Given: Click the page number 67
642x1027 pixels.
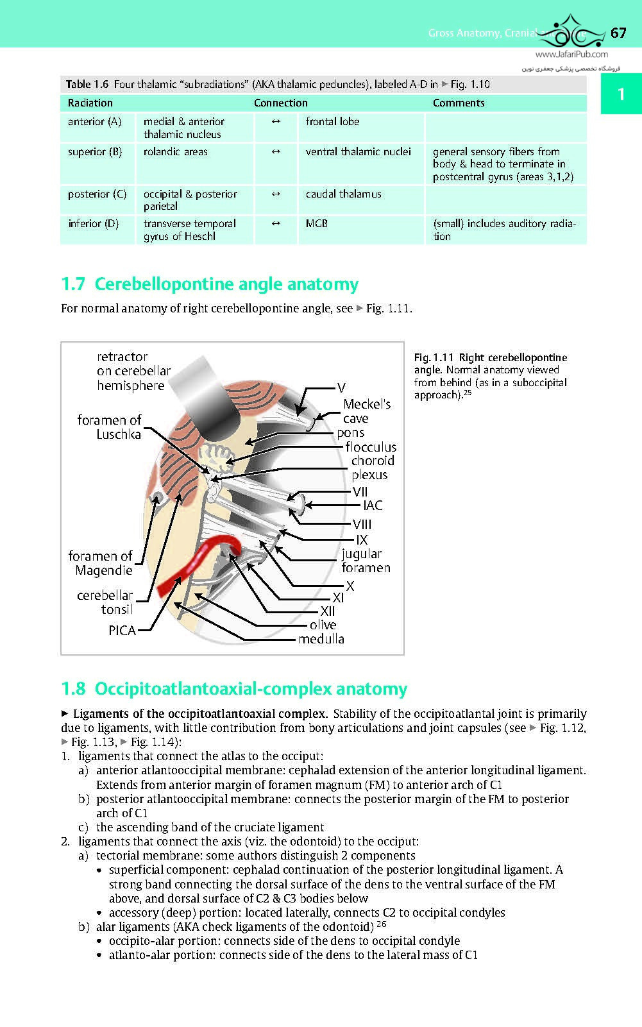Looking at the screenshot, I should point(618,33).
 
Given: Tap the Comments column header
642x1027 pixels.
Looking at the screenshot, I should point(459,103).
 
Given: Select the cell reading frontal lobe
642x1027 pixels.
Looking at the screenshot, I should point(332,121).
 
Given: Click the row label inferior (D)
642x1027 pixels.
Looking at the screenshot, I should point(94,223).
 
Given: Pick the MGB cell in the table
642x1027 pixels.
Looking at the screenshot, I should point(317,223).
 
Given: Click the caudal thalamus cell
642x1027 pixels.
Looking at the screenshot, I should point(343,194).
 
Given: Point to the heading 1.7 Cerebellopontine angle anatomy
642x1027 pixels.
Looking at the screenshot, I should point(210,284).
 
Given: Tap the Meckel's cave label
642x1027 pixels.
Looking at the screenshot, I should point(366,411).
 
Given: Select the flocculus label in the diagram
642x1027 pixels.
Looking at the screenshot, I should point(371,447).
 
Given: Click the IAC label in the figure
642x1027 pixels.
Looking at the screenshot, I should point(373,505).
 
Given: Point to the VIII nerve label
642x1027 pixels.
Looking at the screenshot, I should point(362,525).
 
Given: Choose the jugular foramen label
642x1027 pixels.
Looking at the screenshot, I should point(365,561).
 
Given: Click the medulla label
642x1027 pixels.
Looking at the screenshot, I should point(321,639).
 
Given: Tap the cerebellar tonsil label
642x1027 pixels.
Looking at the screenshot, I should point(105,602).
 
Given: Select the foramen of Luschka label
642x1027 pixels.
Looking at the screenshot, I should point(109,427).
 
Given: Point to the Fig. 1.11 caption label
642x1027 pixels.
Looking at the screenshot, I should point(434,357).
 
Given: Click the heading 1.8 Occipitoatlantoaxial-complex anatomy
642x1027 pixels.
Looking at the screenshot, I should point(234,689).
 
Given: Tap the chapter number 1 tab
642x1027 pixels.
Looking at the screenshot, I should point(620,95).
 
